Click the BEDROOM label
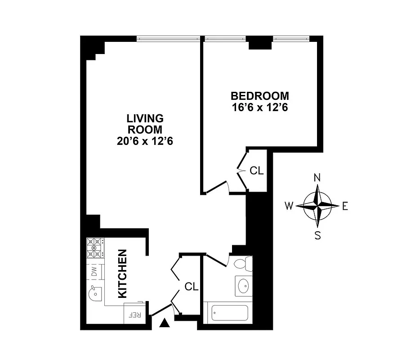(259, 96)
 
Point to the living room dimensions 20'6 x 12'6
(144, 141)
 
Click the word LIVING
(144, 118)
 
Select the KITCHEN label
(122, 274)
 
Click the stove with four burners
(95, 248)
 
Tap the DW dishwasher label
(94, 271)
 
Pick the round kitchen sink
(95, 294)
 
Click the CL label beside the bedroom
(256, 171)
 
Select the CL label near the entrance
(192, 286)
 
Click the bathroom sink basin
(243, 285)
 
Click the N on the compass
(317, 177)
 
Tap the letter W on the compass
(289, 206)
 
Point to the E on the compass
(345, 206)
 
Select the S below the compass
(317, 235)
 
